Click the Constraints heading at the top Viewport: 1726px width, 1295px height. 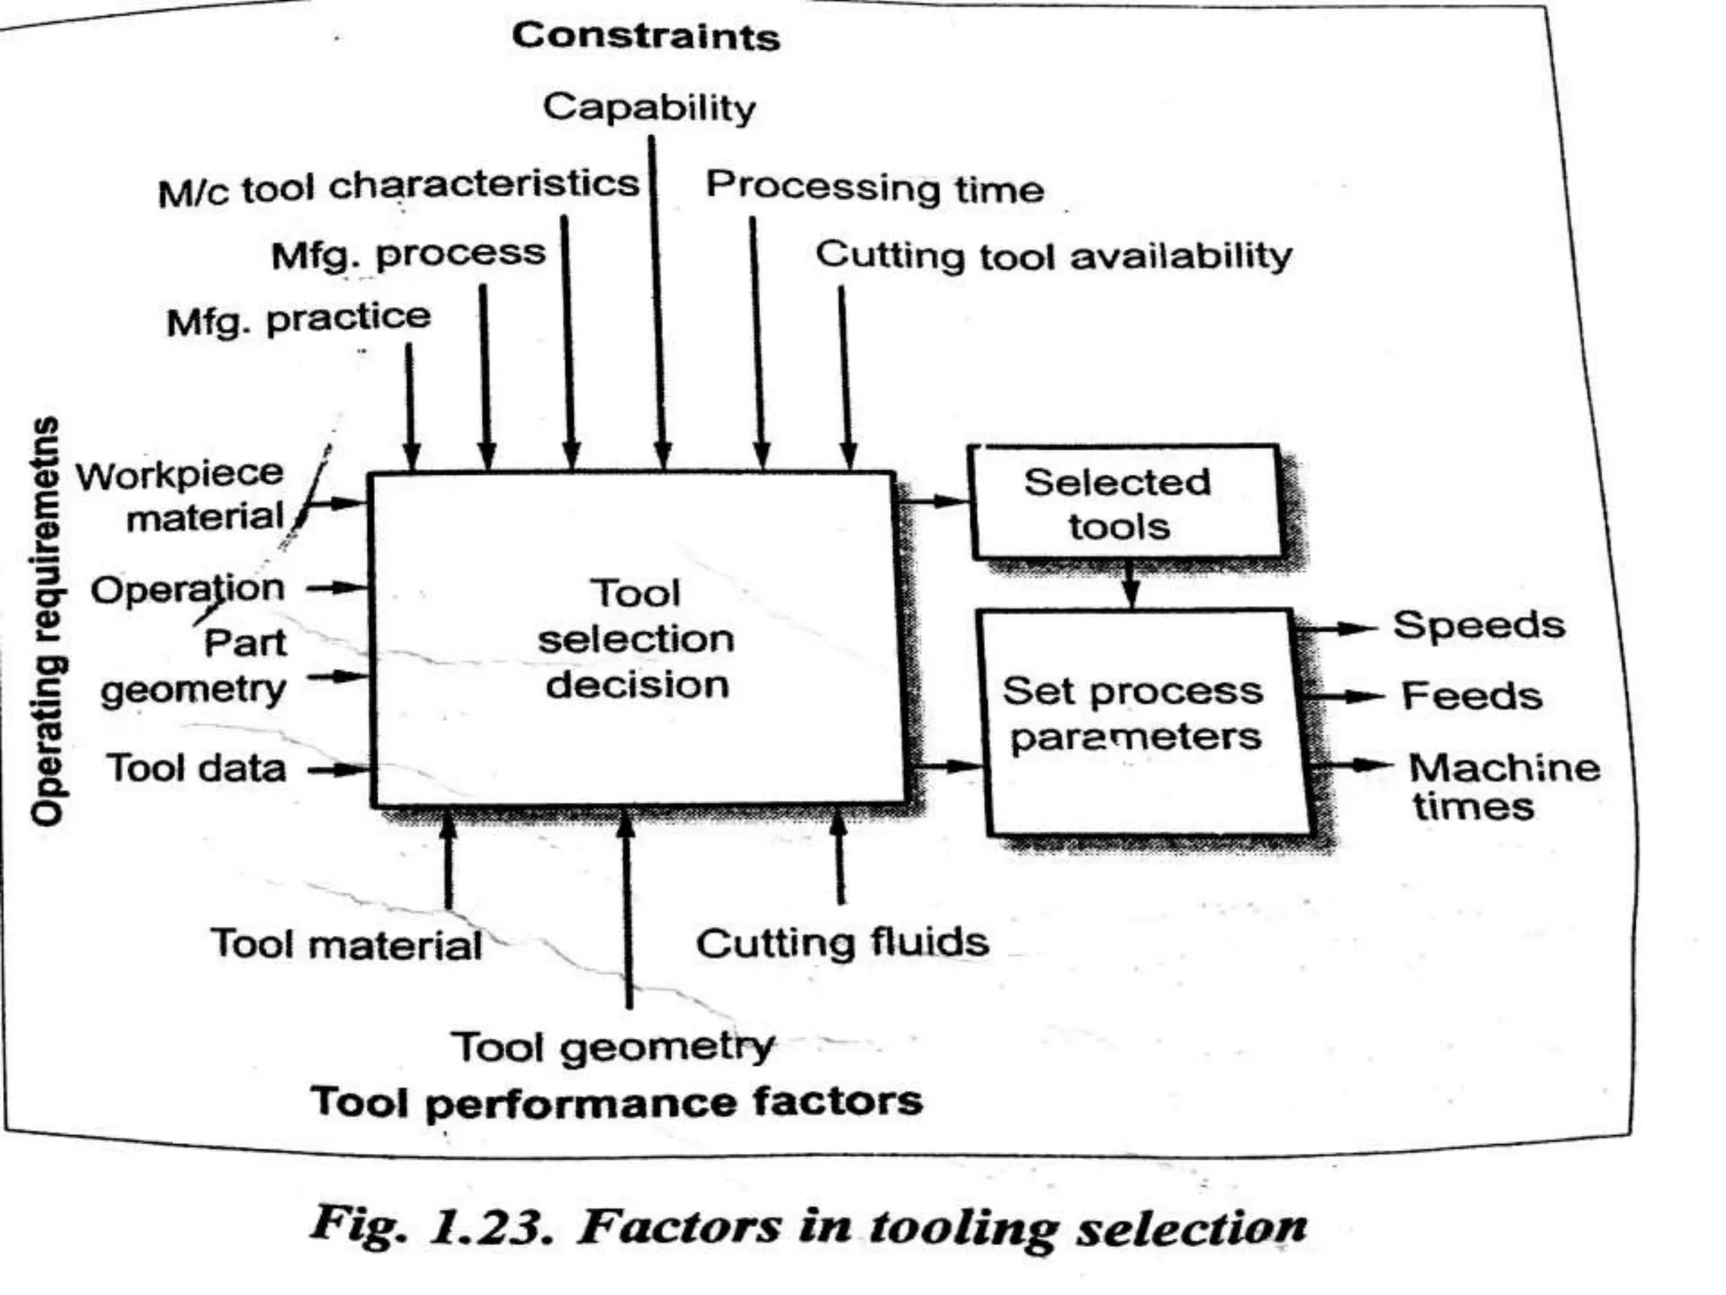pyautogui.click(x=646, y=37)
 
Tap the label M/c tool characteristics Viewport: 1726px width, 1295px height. pyautogui.click(x=399, y=187)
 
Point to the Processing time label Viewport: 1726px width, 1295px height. pyautogui.click(x=875, y=187)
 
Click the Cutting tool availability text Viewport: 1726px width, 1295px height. pyautogui.click(x=1053, y=255)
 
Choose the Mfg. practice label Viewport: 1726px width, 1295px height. pyautogui.click(x=298, y=320)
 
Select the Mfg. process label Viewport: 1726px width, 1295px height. pyautogui.click(x=408, y=254)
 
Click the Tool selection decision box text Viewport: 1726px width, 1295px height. pyautogui.click(x=636, y=639)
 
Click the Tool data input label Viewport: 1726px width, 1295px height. pyautogui.click(x=196, y=769)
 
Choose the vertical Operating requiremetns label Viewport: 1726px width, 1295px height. pyautogui.click(x=46, y=621)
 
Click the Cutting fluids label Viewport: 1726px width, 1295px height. pyautogui.click(x=842, y=943)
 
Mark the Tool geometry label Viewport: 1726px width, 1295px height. pyautogui.click(x=613, y=1048)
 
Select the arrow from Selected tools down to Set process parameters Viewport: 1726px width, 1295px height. pyautogui.click(x=1131, y=583)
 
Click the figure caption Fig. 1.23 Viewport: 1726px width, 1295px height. pyautogui.click(x=808, y=1226)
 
